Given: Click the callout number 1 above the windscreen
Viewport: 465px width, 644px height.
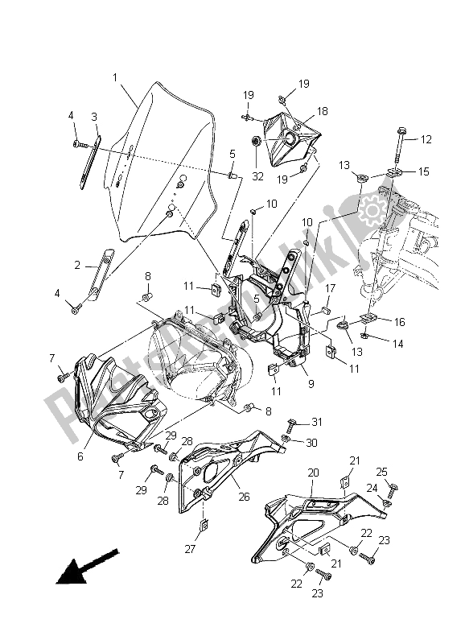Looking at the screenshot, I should pyautogui.click(x=115, y=78).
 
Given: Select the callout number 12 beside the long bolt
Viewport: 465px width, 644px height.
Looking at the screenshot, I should pyautogui.click(x=426, y=140).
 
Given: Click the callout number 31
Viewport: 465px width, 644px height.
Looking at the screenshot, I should pyautogui.click(x=317, y=422).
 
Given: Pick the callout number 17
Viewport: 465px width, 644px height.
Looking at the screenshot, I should pyautogui.click(x=329, y=288).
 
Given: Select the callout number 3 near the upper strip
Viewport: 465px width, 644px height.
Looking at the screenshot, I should pyautogui.click(x=94, y=117).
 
